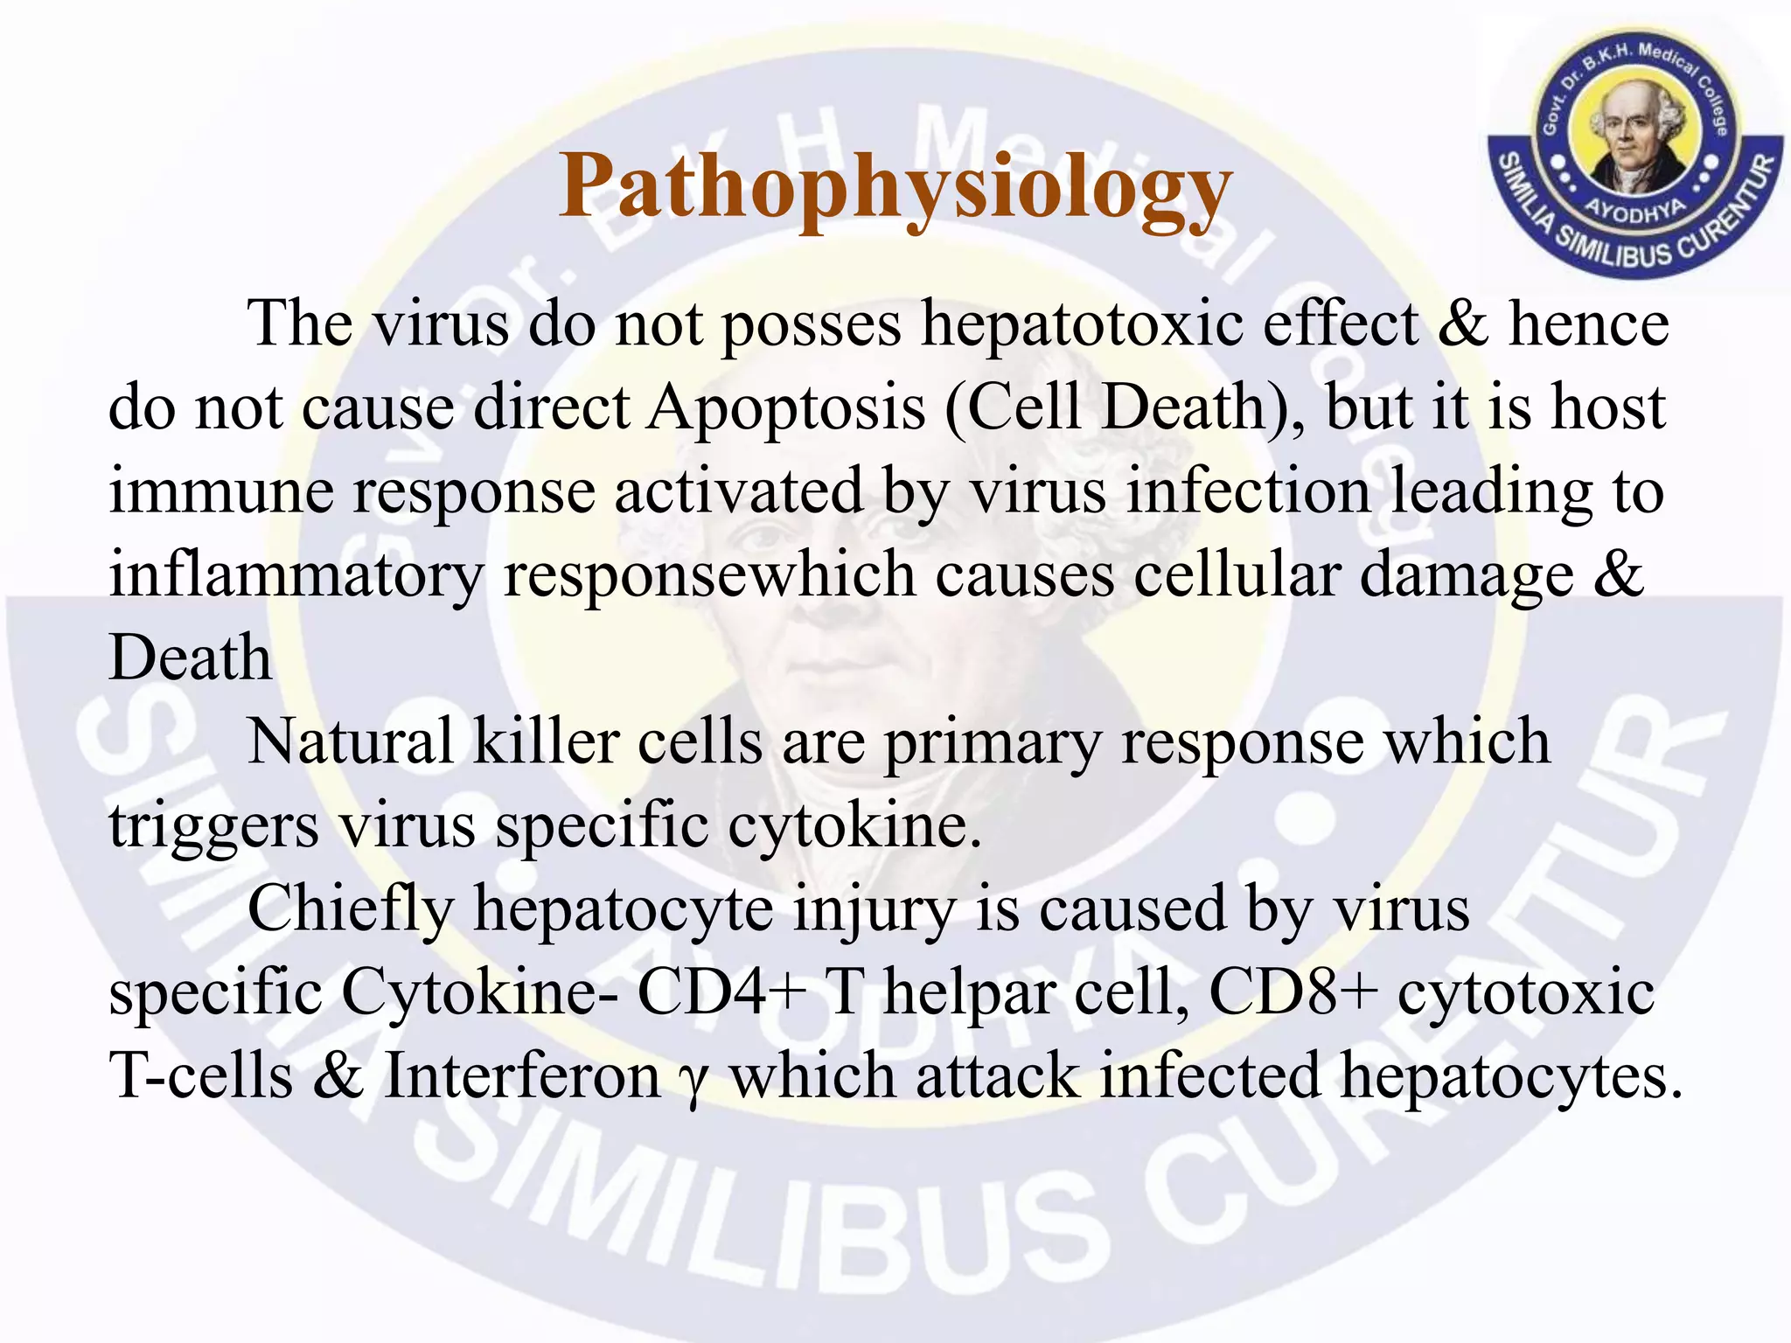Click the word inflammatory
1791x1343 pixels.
tap(296, 575)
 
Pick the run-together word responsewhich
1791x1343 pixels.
tap(709, 575)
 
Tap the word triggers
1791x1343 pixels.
tap(213, 826)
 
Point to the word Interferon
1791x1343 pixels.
tap(522, 1076)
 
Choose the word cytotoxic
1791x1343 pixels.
tap(1526, 993)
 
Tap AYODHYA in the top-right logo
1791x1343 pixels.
tap(1635, 210)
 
